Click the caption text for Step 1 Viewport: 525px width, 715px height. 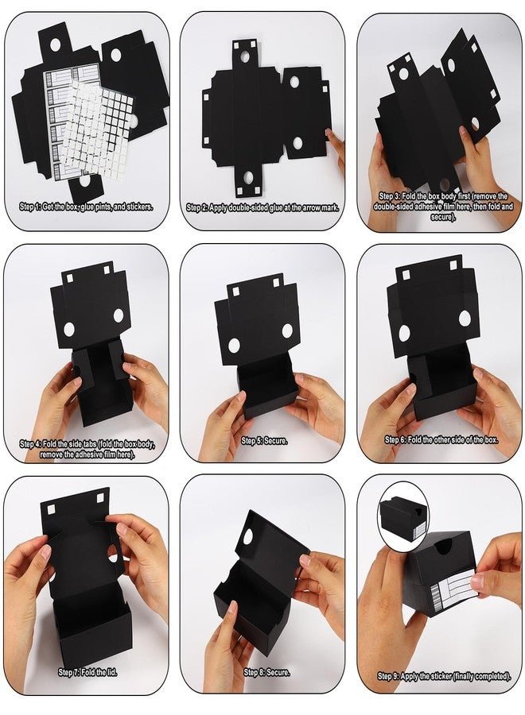pos(86,207)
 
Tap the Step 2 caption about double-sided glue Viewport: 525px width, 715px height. pos(262,208)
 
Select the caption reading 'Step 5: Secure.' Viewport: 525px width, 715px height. pos(264,440)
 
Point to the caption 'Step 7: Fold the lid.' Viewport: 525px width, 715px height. pos(87,672)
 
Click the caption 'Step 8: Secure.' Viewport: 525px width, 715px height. pos(266,672)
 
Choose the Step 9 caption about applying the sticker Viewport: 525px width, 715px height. pos(444,676)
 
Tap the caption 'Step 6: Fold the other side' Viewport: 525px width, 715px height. pos(441,439)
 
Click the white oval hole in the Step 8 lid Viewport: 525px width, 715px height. pos(248,537)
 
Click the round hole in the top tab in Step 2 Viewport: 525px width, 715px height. pos(245,56)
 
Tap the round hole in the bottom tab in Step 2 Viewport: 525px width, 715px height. pos(248,177)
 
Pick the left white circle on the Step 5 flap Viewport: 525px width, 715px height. pos(234,346)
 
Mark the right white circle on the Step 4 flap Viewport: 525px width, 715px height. pos(119,315)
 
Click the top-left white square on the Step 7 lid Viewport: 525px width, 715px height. pos(51,508)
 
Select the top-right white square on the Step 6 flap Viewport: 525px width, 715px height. pos(453,265)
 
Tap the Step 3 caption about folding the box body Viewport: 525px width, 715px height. pos(443,207)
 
